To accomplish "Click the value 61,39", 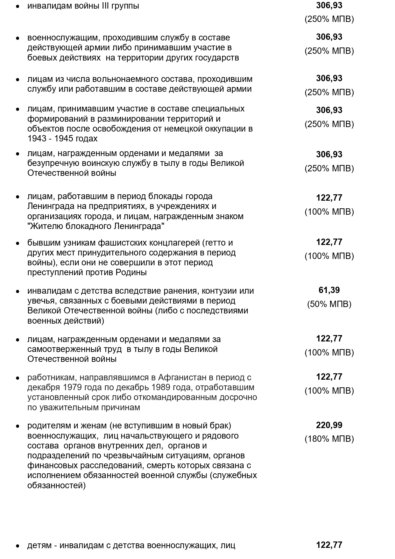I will (329, 290).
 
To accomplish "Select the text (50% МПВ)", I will (329, 304).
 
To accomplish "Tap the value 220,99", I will (329, 425).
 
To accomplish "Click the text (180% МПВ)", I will (329, 439).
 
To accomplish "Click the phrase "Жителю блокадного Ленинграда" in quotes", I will (96, 226).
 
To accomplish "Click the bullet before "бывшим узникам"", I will (18, 243).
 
